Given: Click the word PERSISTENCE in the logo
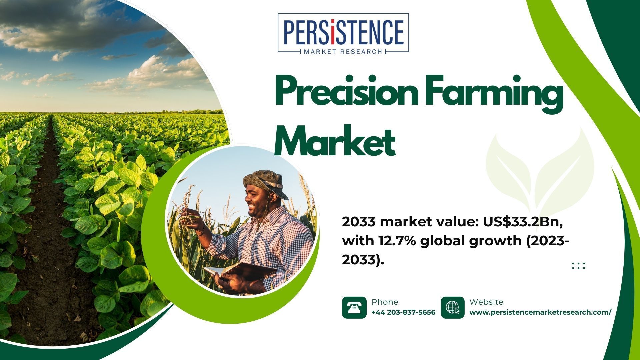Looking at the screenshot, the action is point(343,32).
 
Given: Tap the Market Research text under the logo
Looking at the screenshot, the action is point(343,52).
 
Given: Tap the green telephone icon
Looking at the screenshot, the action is point(354,307).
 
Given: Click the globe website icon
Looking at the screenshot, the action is point(453,307).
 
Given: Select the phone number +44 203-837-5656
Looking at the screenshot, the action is point(403,312).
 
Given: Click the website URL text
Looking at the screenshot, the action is point(540,312).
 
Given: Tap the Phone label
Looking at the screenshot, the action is point(385,302).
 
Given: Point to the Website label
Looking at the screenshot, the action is point(486,302).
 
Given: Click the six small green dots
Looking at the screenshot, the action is point(578,266).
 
